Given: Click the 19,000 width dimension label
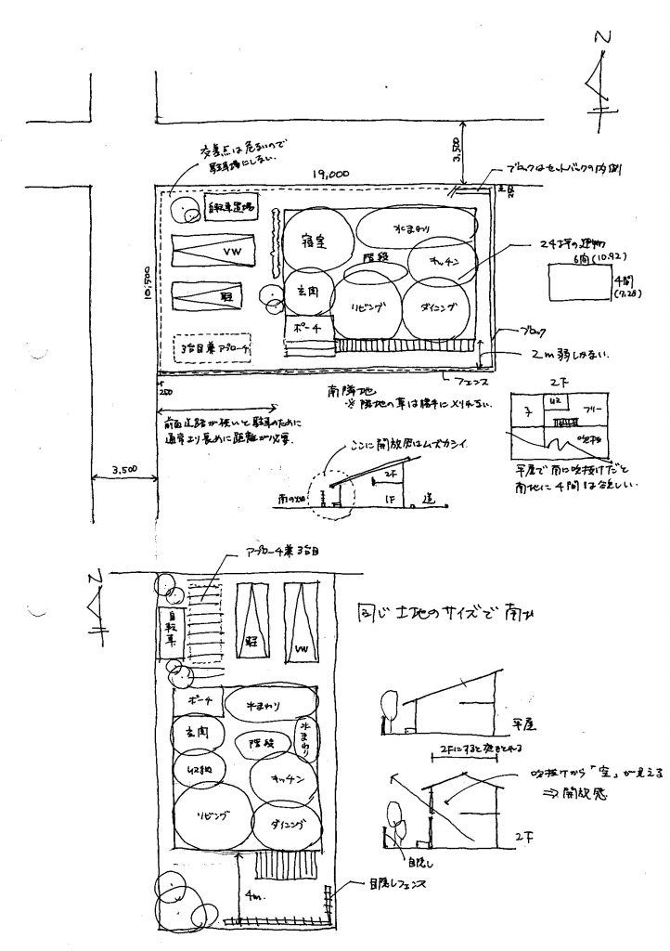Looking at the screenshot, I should coord(330,174).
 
